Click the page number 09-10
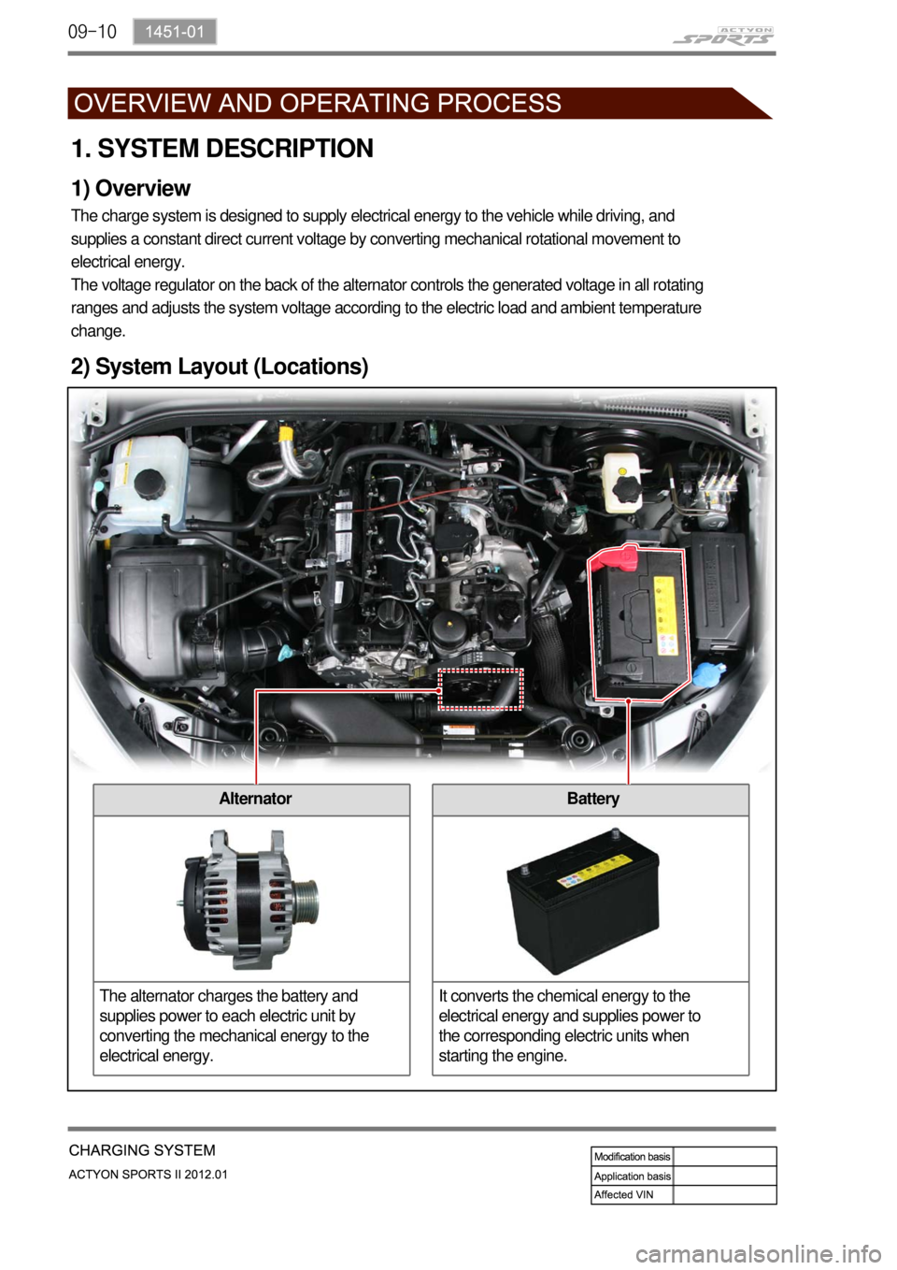[x=93, y=32]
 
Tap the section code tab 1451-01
[x=174, y=32]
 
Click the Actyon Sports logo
[x=723, y=36]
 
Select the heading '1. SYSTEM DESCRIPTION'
[x=222, y=149]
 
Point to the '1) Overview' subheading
[x=131, y=189]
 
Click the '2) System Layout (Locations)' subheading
[x=220, y=367]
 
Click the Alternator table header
[x=254, y=799]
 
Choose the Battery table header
[x=592, y=799]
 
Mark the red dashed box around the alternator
[x=480, y=689]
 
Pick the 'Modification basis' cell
[x=632, y=1157]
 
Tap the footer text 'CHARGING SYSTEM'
[x=142, y=1150]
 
